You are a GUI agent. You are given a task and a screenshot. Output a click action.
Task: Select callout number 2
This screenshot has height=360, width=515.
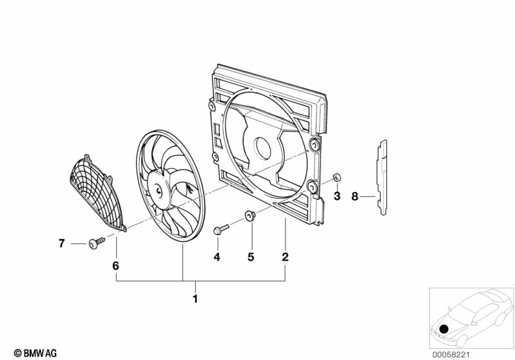[285, 257]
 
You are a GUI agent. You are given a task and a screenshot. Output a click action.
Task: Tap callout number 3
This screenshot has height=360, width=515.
[336, 196]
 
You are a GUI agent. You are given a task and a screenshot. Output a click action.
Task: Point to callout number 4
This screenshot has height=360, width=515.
[217, 257]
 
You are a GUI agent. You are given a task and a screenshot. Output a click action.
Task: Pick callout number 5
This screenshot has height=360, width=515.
[251, 257]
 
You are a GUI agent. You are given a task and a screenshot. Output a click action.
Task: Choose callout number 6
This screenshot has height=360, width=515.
[116, 265]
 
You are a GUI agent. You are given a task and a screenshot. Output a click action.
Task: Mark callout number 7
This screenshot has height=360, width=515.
[62, 243]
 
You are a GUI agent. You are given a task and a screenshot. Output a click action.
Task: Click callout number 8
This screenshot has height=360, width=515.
[355, 196]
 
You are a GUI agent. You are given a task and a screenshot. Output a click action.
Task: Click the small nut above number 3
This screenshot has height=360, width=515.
[336, 178]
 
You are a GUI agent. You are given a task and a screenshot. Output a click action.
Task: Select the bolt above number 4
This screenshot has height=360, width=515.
[220, 229]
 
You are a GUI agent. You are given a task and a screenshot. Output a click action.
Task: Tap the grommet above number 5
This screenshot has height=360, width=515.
[250, 216]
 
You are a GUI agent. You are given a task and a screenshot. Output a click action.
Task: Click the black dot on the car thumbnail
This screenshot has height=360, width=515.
[445, 329]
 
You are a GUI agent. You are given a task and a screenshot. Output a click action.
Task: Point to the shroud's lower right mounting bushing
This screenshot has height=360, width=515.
[313, 187]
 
